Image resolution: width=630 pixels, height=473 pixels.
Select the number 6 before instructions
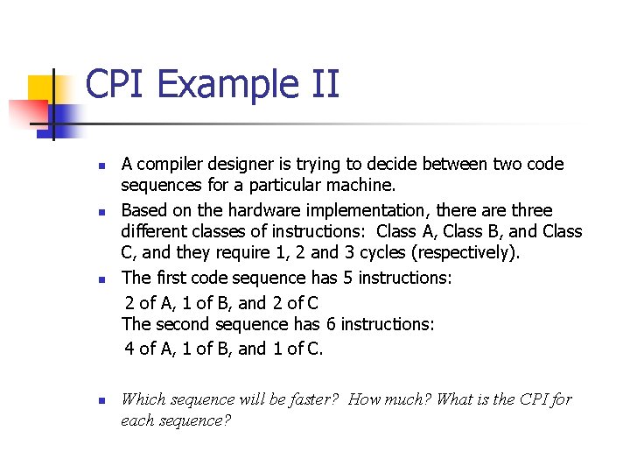click(331, 324)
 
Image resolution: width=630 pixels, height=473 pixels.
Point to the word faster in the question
click(310, 399)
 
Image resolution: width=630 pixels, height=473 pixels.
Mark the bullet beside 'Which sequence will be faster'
click(101, 401)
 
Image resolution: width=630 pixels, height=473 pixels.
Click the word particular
click(287, 186)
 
